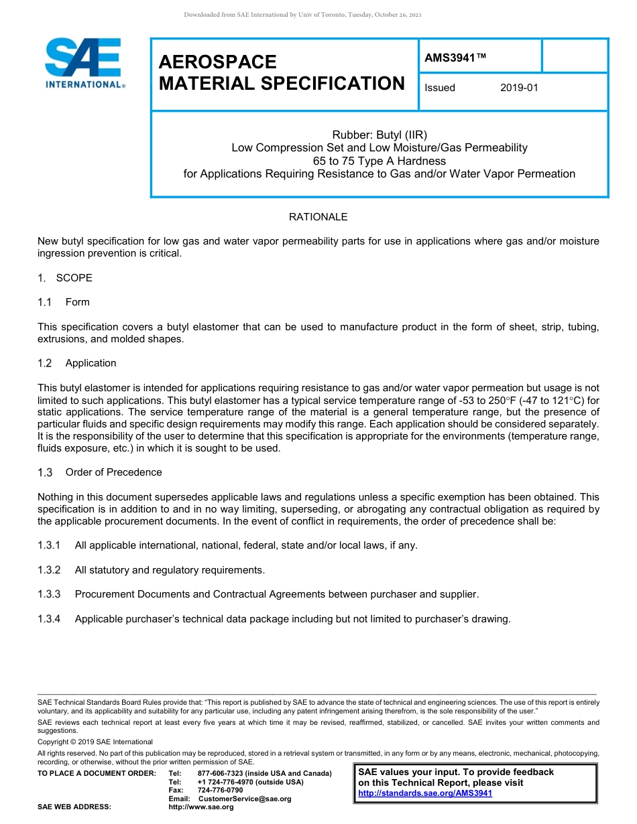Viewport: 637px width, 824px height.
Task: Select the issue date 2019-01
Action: tap(519, 88)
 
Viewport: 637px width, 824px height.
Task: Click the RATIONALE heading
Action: tap(318, 217)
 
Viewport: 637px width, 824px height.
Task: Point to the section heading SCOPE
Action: tap(74, 278)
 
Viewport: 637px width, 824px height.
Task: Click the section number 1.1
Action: tap(45, 302)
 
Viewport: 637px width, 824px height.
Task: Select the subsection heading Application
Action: tap(91, 363)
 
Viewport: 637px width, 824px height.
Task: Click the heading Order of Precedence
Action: tap(113, 472)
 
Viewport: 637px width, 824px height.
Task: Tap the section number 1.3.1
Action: tap(49, 545)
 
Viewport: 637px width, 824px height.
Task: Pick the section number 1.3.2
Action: tap(49, 570)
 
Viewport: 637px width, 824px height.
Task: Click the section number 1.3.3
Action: tap(49, 594)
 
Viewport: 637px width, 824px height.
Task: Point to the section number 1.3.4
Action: tap(49, 619)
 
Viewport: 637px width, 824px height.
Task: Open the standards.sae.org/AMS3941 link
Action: tap(425, 793)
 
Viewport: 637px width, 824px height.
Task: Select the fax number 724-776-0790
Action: tap(221, 791)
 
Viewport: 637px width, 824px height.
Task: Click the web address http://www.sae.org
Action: tap(201, 807)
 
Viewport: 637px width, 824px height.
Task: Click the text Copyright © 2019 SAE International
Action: tap(95, 742)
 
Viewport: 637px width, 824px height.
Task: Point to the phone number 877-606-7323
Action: tap(221, 774)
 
